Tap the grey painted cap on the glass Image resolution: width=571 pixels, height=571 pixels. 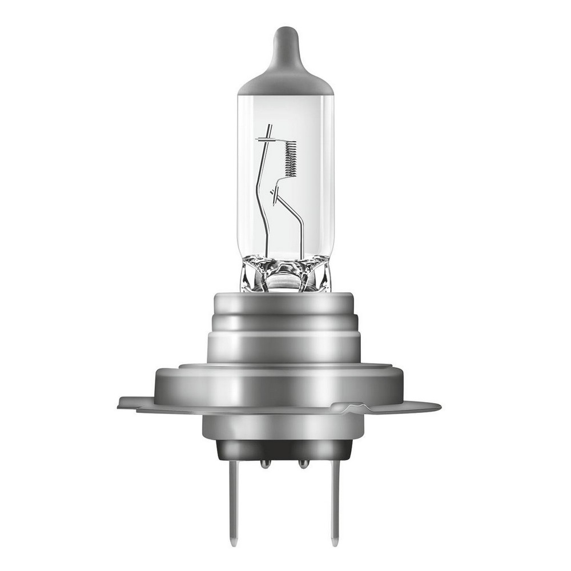click(285, 80)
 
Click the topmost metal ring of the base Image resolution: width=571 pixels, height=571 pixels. click(285, 303)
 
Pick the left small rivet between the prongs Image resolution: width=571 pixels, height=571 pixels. click(265, 464)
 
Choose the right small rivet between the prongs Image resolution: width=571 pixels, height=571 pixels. click(303, 464)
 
